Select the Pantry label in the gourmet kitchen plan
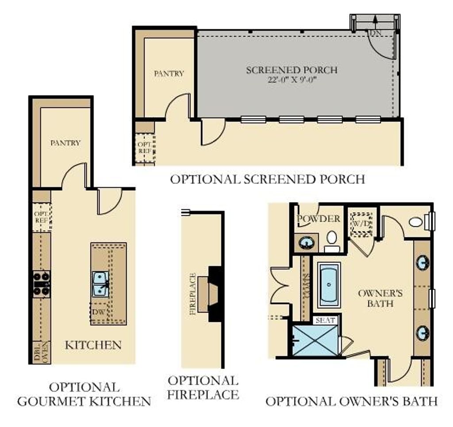click(65, 143)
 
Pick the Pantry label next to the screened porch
click(169, 73)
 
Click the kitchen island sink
click(100, 283)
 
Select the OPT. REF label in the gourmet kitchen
click(42, 217)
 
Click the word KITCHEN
click(93, 345)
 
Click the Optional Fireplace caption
click(203, 387)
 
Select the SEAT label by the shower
click(325, 320)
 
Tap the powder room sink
click(305, 243)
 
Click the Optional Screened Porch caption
click(268, 179)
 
